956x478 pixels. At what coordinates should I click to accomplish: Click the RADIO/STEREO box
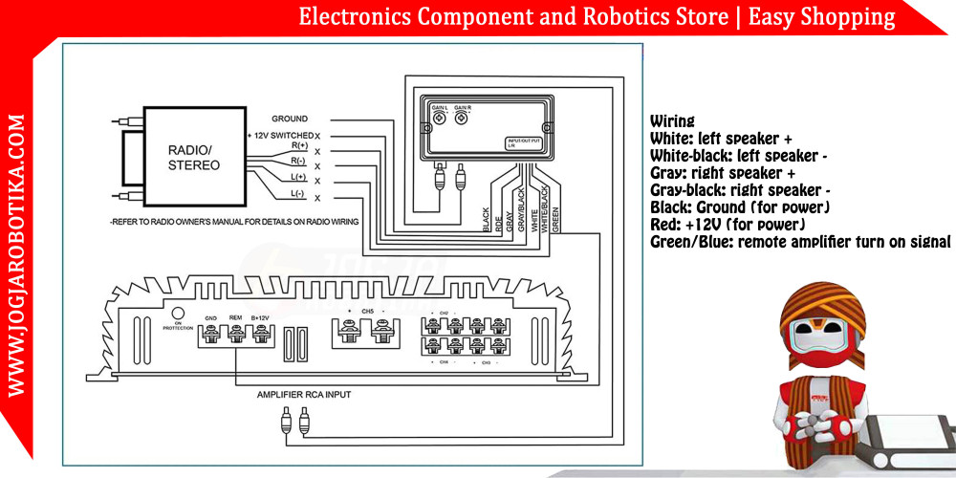tap(193, 158)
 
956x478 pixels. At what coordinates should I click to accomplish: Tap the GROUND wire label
tap(290, 119)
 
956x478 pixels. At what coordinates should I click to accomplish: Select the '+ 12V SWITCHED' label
tap(279, 136)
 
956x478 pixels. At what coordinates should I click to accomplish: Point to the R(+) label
tap(299, 145)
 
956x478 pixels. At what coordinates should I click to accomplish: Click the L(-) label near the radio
tap(298, 194)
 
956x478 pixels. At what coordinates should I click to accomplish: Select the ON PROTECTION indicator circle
tap(177, 313)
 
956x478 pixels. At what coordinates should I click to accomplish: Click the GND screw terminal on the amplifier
tap(211, 333)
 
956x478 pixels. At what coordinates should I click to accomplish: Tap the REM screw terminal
tap(234, 333)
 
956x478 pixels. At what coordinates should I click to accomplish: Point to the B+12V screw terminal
tap(258, 333)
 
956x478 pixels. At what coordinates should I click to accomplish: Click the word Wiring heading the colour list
tap(672, 121)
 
